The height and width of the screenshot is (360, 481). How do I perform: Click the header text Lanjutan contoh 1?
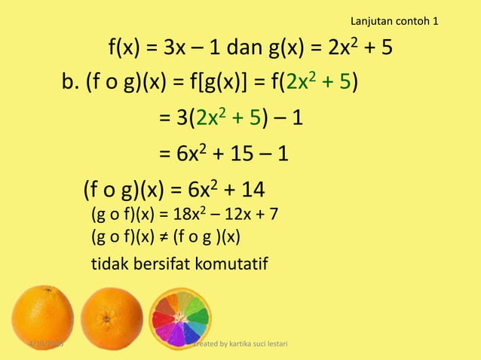pyautogui.click(x=395, y=20)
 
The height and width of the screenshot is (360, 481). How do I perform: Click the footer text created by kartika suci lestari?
pyautogui.click(x=240, y=345)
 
